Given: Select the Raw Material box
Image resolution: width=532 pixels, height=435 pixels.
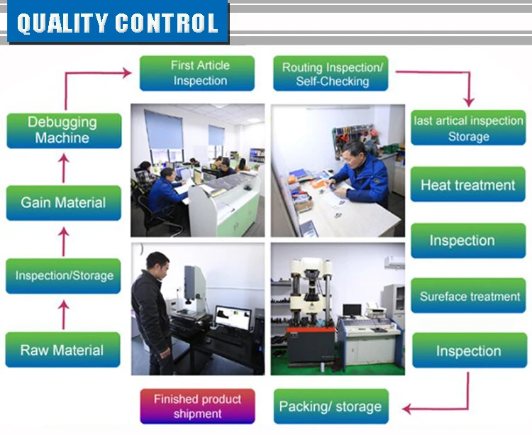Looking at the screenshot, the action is (62, 350).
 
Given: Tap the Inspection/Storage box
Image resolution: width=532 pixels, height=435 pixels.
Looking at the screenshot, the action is (64, 275).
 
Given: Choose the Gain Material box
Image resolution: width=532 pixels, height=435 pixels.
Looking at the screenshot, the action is (64, 202).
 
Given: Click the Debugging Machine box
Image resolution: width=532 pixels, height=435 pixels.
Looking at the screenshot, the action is (64, 130).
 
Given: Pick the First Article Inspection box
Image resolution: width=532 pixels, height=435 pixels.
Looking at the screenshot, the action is (197, 73).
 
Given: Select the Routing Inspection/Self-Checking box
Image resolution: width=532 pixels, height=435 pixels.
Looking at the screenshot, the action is (331, 74).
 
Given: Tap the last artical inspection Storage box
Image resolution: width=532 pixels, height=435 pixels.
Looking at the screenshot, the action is (468, 128).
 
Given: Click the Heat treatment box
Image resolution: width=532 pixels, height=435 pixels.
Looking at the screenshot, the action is (468, 185).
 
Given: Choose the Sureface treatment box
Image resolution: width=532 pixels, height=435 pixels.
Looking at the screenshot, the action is (468, 296).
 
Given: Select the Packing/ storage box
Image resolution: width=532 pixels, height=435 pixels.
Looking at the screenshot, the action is (331, 407).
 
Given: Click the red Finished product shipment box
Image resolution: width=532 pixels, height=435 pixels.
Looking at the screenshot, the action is (197, 407).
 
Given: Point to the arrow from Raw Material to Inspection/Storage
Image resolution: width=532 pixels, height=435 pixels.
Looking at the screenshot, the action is (63, 313).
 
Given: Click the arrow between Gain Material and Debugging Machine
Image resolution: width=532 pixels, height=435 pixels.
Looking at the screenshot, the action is (64, 167).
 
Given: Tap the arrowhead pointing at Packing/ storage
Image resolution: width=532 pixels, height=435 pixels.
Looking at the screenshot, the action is (407, 409).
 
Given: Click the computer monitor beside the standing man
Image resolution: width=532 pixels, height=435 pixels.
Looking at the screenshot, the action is (233, 317).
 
